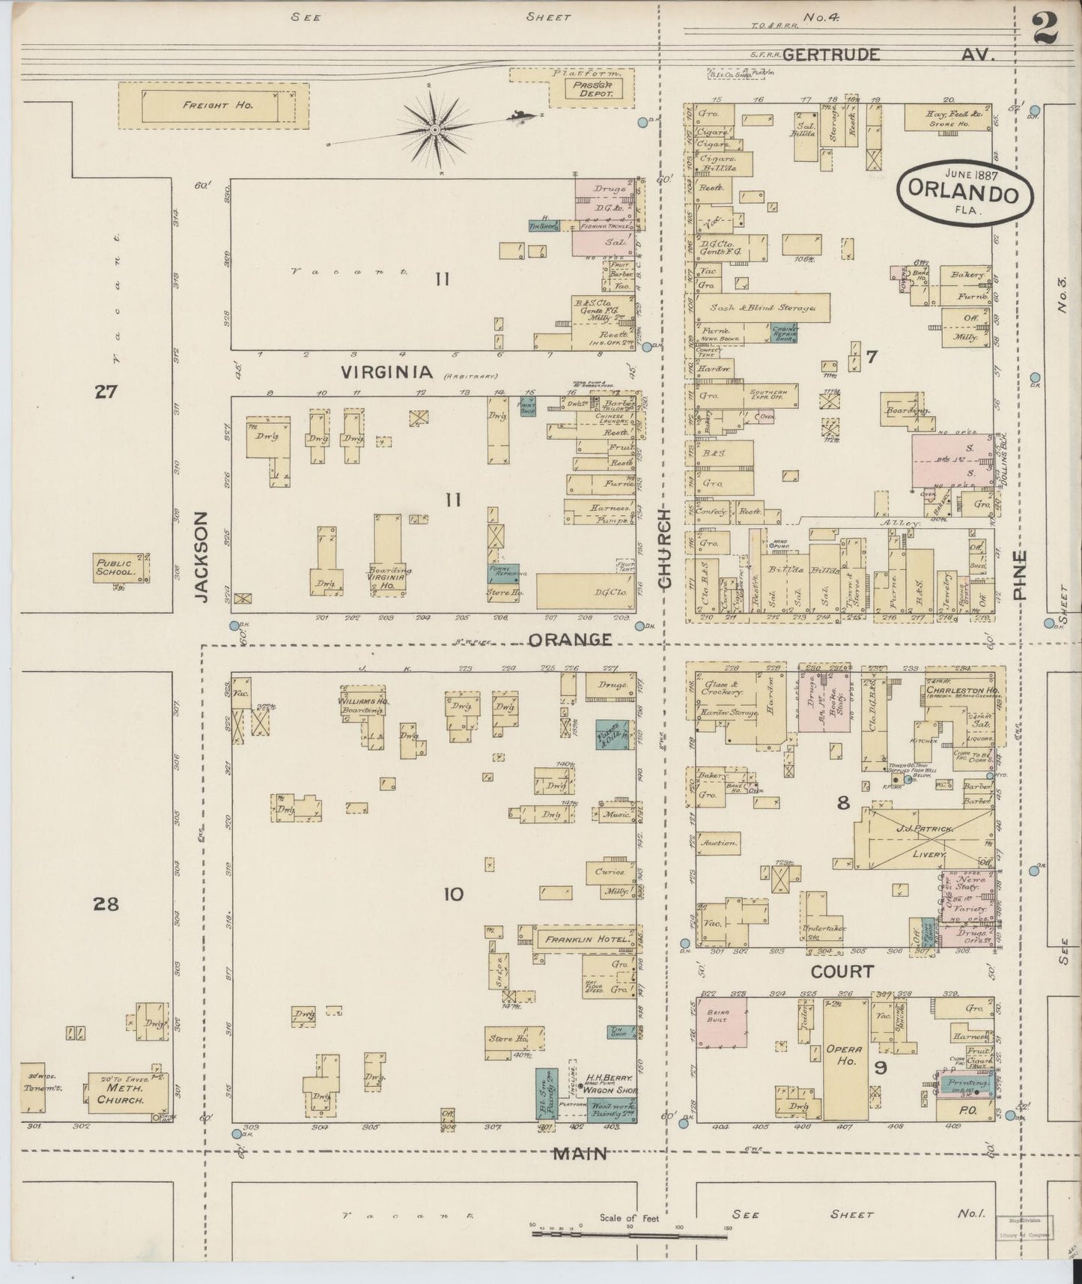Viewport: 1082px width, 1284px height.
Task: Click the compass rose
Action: pyautogui.click(x=434, y=132)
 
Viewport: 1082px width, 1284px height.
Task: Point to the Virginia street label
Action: pyautogui.click(x=387, y=372)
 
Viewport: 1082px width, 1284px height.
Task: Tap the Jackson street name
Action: pyautogui.click(x=201, y=556)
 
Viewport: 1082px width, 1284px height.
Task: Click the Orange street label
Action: pyautogui.click(x=571, y=640)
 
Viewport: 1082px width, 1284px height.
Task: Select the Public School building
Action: pyautogui.click(x=120, y=568)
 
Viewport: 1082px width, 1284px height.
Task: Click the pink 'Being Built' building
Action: pyautogui.click(x=723, y=1021)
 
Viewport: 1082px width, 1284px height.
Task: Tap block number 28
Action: pyautogui.click(x=106, y=905)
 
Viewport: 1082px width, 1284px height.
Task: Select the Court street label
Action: pyautogui.click(x=843, y=972)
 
